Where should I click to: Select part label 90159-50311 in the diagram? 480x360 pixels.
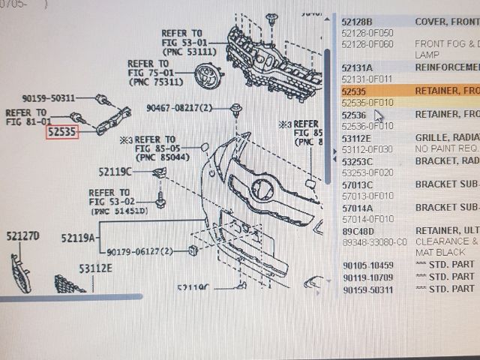point(49,98)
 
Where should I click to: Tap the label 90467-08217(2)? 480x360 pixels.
point(179,108)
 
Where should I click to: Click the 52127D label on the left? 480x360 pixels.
point(23,237)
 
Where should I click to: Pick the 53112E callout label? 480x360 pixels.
point(95,268)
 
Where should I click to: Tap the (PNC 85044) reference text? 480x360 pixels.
point(160,158)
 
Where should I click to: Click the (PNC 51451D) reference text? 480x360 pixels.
point(120,212)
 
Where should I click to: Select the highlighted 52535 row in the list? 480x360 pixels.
point(409,91)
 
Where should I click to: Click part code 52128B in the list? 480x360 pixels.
point(357,22)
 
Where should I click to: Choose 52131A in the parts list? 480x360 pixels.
point(357,67)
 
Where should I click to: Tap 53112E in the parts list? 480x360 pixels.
point(357,138)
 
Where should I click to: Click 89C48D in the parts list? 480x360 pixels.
point(358,231)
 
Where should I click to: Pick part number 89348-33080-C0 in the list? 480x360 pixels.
point(373,242)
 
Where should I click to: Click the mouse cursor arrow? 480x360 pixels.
point(377,116)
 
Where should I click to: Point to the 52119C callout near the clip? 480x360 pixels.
point(114,172)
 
